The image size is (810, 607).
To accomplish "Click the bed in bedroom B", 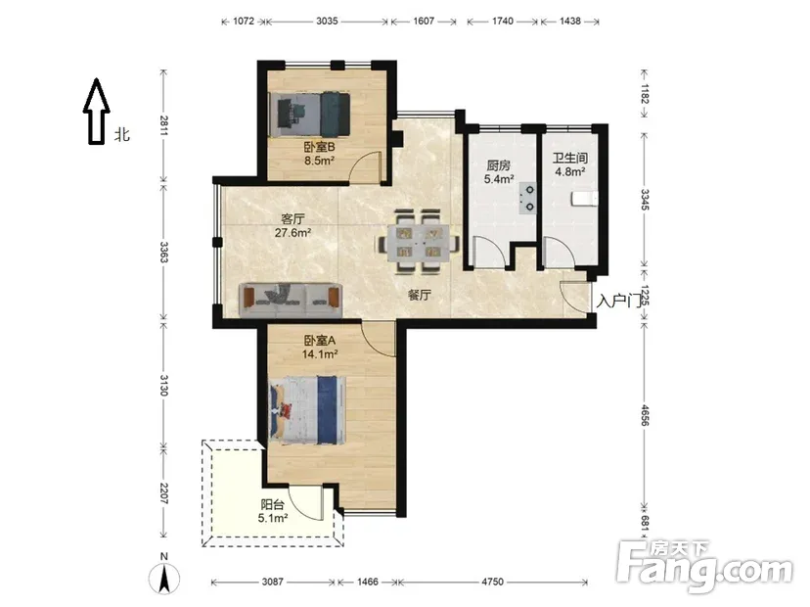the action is [x=310, y=115].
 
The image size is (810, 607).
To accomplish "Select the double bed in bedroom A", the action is [x=307, y=410].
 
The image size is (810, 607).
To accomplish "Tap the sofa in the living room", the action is [x=291, y=300].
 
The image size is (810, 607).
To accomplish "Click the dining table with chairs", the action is [x=419, y=241].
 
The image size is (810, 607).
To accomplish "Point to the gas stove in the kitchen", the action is [x=528, y=199].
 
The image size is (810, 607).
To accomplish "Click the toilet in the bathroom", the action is [x=585, y=199].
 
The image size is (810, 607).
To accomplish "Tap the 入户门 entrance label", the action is [x=619, y=301].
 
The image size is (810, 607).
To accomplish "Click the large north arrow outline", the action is [x=97, y=112].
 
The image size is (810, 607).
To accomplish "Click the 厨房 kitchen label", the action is [x=499, y=165].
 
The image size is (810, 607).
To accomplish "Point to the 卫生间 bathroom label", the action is [x=569, y=158].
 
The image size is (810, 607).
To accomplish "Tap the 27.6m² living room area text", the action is [x=292, y=233].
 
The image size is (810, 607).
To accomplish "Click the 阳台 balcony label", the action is [x=272, y=504].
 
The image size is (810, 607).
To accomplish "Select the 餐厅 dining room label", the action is [x=420, y=296].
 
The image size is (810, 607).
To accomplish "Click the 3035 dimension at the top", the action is [x=327, y=22].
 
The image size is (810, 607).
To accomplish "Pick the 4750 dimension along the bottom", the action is [x=492, y=582].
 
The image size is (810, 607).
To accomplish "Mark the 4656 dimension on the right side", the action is [x=644, y=415].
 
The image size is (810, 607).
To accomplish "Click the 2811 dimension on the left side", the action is [x=163, y=125].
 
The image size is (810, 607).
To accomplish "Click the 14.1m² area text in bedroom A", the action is [x=320, y=354].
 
